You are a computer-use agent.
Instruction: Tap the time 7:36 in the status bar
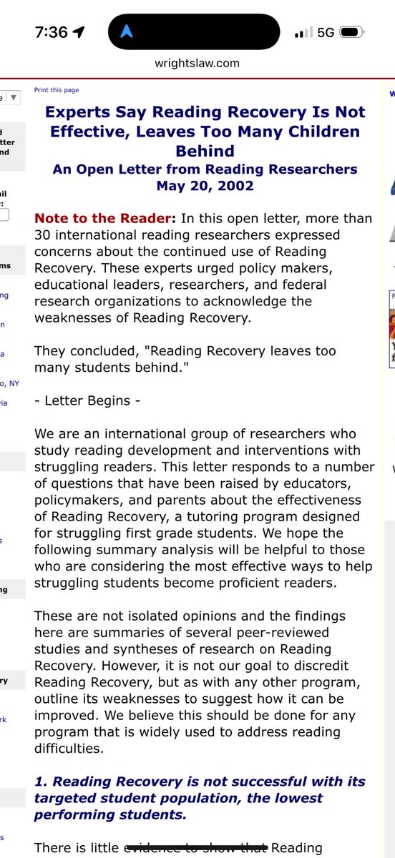(x=51, y=32)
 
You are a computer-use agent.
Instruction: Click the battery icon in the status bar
(x=350, y=33)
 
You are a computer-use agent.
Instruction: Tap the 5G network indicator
(x=326, y=33)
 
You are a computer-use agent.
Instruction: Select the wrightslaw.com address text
(x=197, y=63)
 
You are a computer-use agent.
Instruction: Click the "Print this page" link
(x=57, y=90)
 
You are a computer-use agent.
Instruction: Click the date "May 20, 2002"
(x=205, y=186)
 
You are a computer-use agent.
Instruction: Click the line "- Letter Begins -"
(x=87, y=400)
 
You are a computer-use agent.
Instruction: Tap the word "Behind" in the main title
(x=205, y=151)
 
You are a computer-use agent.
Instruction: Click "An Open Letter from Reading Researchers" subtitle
(x=205, y=169)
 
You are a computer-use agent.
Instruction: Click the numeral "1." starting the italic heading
(x=42, y=782)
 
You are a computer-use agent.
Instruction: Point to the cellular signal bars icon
(x=303, y=33)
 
